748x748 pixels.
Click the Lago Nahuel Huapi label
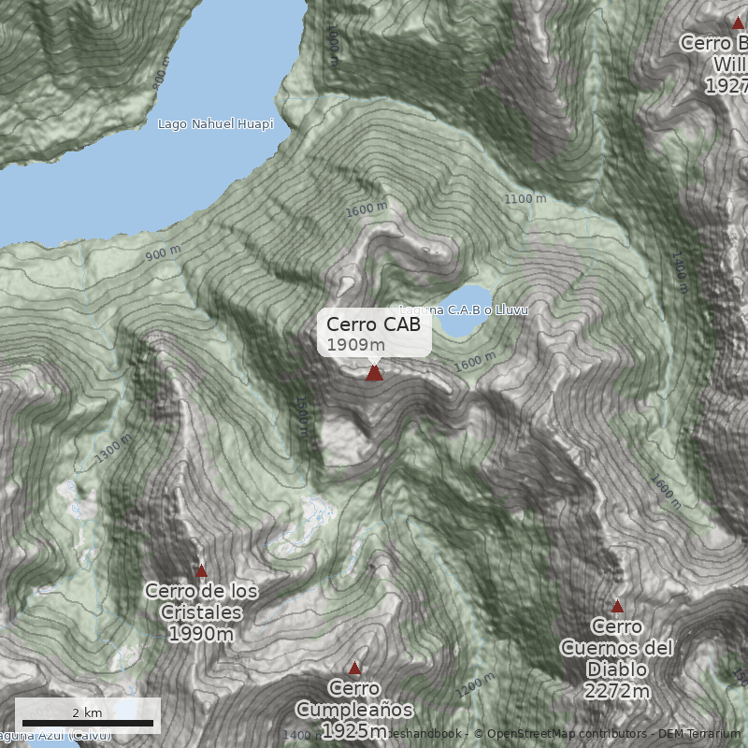point(215,124)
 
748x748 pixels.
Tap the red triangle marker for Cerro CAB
point(374,373)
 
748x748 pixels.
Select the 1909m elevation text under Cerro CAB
point(356,345)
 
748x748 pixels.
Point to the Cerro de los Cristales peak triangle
point(201,570)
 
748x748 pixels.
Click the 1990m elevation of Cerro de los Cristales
point(201,635)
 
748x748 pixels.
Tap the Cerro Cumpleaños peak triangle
point(354,669)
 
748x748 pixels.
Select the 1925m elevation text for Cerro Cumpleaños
point(354,730)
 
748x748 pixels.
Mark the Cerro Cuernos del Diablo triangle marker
point(617,606)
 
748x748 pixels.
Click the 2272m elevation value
point(617,692)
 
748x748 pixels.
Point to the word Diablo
point(617,669)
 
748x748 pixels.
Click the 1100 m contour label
point(525,199)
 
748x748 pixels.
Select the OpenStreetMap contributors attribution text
point(562,734)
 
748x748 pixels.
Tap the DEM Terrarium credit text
point(699,734)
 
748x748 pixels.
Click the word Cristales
point(201,613)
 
